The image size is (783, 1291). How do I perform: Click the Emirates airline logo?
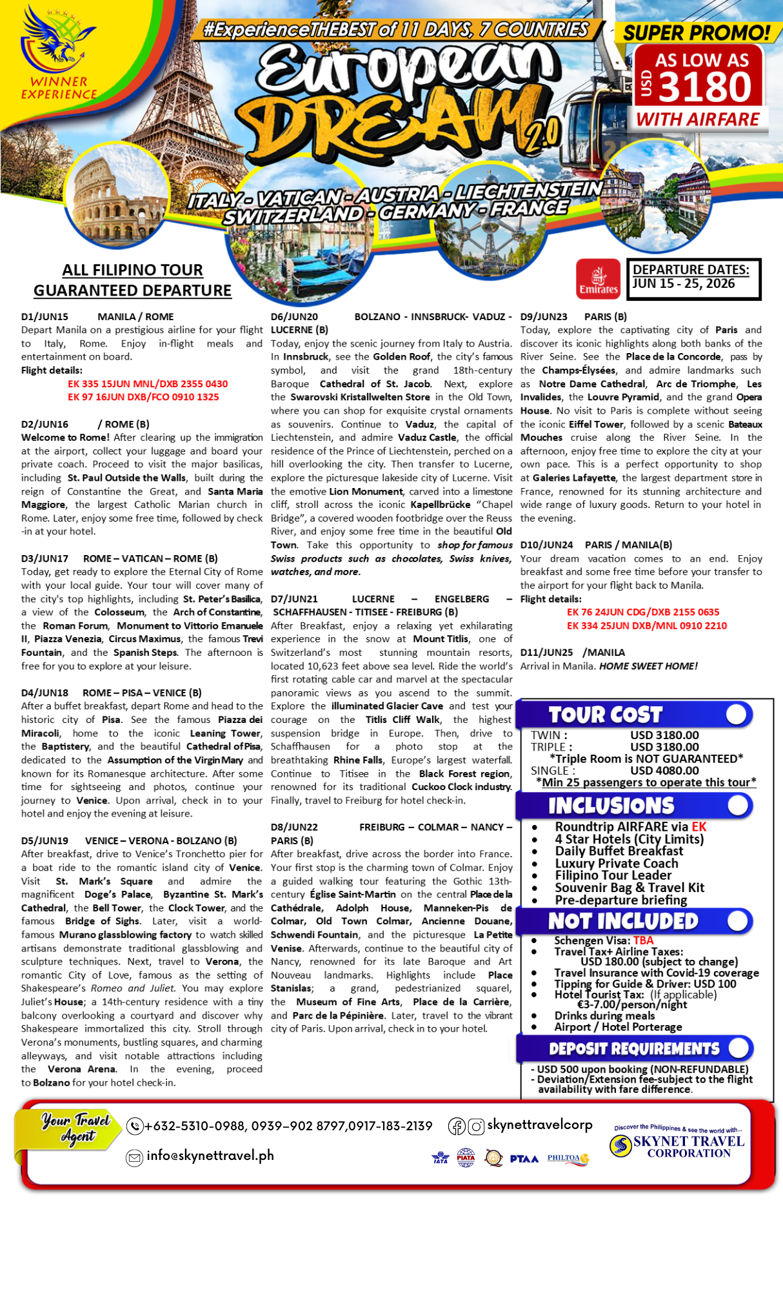tap(598, 279)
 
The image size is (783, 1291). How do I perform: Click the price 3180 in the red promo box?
tap(705, 87)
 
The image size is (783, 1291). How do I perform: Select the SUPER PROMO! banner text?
tap(697, 32)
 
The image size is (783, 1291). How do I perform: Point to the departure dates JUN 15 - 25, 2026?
tap(684, 284)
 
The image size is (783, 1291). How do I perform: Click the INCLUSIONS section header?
tap(611, 806)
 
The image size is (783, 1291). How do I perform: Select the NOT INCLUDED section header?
tap(622, 921)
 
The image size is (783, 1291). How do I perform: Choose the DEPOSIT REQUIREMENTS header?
tap(633, 1049)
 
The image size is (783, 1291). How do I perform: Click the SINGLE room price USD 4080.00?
tap(664, 770)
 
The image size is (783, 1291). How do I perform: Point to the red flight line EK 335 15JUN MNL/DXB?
tap(148, 384)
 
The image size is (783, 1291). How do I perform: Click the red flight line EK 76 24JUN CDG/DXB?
tap(642, 612)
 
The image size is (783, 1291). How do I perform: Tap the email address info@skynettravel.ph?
tap(210, 1155)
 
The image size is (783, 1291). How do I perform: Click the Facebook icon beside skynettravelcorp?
tap(457, 1126)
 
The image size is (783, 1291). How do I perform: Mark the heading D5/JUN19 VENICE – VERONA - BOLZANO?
tap(128, 840)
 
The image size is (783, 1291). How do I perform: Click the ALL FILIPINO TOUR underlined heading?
tap(132, 270)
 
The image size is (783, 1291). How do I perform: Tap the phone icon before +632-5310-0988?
tap(135, 1126)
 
